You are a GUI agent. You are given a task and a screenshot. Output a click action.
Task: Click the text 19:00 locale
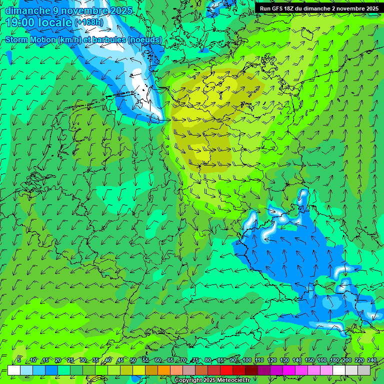click(39, 22)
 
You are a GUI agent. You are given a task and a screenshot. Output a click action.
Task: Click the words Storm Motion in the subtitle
click(30, 39)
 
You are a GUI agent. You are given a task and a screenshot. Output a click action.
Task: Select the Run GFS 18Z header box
click(318, 8)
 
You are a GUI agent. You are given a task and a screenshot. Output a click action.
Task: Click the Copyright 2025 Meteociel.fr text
click(212, 380)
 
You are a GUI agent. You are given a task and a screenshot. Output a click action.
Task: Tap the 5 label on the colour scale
click(19, 360)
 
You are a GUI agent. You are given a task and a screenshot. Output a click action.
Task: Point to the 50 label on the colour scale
click(133, 360)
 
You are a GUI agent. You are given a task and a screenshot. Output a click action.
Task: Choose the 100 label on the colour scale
click(246, 360)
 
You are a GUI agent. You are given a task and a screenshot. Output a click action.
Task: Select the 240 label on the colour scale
click(372, 360)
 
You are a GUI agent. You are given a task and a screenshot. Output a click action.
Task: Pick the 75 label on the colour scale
click(196, 360)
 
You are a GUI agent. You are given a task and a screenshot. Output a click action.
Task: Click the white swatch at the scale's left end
click(14, 370)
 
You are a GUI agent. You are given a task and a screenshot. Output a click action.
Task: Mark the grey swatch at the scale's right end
click(364, 370)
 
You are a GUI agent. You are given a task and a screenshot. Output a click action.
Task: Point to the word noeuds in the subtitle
click(145, 39)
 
